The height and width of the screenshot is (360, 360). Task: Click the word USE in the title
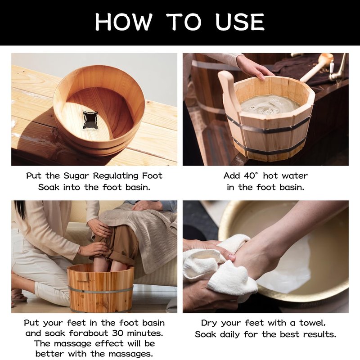pyautogui.click(x=240, y=22)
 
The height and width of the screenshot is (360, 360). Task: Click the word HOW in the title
pyautogui.click(x=124, y=22)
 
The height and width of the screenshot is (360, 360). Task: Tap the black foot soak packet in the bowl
pyautogui.click(x=90, y=120)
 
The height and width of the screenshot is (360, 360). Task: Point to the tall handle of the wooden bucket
pyautogui.click(x=227, y=96)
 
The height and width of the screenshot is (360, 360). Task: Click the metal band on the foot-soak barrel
pyautogui.click(x=100, y=290)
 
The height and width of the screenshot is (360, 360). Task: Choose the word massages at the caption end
pyautogui.click(x=130, y=354)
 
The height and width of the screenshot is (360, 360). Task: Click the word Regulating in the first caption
pyautogui.click(x=116, y=176)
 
